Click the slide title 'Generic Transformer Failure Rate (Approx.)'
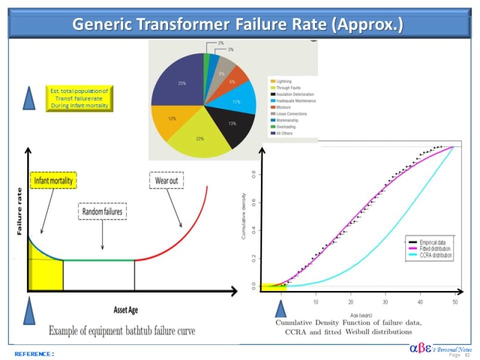point(238,25)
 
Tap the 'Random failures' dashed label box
point(104,211)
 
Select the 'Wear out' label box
point(166,180)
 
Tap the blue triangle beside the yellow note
point(28,98)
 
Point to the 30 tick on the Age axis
point(386,302)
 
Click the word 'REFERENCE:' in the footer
point(34,354)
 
